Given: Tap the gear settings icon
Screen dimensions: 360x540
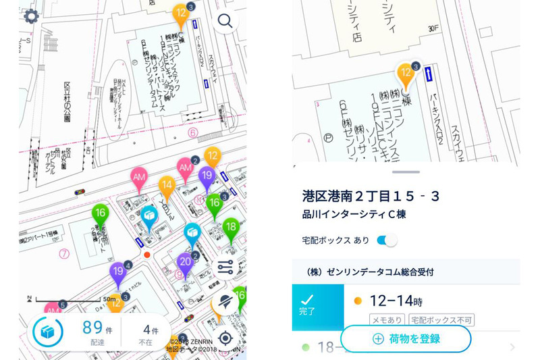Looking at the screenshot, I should pyautogui.click(x=31, y=16).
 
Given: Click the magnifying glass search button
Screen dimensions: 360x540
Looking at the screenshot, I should pyautogui.click(x=225, y=21).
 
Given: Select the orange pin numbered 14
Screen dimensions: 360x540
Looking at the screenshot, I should pyautogui.click(x=167, y=184).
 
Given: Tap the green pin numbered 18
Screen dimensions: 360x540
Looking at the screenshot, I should pyautogui.click(x=231, y=227).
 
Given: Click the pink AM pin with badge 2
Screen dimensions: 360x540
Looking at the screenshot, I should pyautogui.click(x=185, y=166).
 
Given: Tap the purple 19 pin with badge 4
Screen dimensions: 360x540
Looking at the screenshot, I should pyautogui.click(x=118, y=272).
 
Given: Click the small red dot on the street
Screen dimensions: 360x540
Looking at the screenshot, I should pyautogui.click(x=146, y=255).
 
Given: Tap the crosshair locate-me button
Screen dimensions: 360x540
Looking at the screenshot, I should pyautogui.click(x=226, y=338).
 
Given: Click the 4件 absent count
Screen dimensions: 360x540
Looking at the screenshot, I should pyautogui.click(x=151, y=330).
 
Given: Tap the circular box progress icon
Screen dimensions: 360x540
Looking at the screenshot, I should pyautogui.click(x=47, y=332).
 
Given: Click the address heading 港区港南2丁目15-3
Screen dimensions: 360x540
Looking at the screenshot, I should pyautogui.click(x=371, y=197).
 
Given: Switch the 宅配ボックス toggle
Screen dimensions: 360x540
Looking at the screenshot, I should pyautogui.click(x=387, y=240).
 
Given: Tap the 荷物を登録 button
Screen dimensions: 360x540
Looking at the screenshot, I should pyautogui.click(x=406, y=339).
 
